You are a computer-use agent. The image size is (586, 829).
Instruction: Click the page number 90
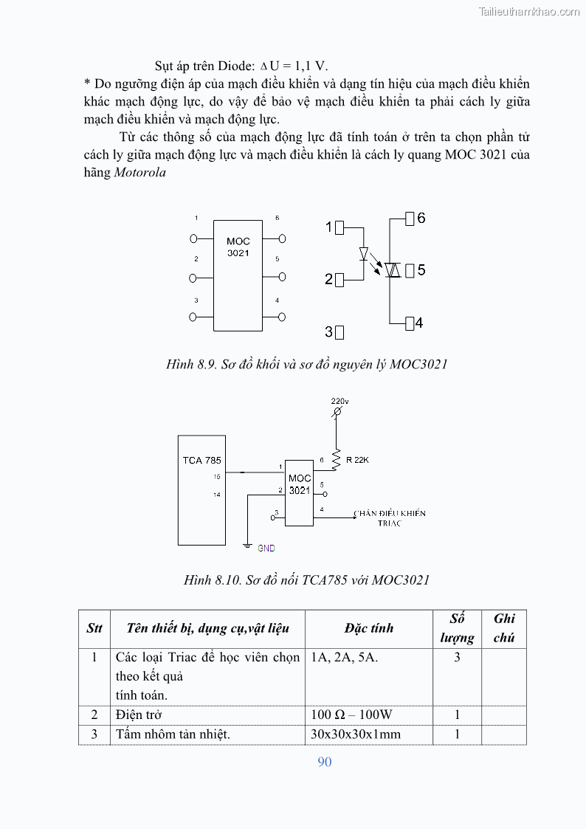pyautogui.click(x=325, y=762)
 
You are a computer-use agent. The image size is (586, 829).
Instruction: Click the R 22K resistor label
pyautogui.click(x=357, y=460)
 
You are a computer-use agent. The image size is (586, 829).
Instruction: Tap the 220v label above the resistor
pyautogui.click(x=339, y=401)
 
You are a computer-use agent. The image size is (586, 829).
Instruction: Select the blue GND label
pyautogui.click(x=266, y=548)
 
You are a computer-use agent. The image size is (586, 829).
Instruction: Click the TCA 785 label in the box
pyautogui.click(x=201, y=461)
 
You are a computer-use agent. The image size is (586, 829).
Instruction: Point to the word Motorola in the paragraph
pyautogui.click(x=140, y=173)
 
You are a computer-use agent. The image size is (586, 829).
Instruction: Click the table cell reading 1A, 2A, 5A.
pyautogui.click(x=345, y=657)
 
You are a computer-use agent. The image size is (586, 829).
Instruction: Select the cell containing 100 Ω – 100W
pyautogui.click(x=351, y=715)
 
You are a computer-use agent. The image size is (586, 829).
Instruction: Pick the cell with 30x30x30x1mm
pyautogui.click(x=356, y=734)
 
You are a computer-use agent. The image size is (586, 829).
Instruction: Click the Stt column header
pyautogui.click(x=94, y=628)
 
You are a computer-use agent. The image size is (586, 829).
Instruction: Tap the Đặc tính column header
pyautogui.click(x=368, y=628)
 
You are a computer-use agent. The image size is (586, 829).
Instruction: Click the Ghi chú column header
pyautogui.click(x=504, y=627)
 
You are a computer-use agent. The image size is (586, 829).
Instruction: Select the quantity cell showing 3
pyautogui.click(x=457, y=657)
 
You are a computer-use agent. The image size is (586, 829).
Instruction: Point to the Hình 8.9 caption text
pyautogui.click(x=306, y=364)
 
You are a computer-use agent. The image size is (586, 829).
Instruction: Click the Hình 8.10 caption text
pyautogui.click(x=306, y=579)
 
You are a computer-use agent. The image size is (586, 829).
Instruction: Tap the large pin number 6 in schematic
pyautogui.click(x=421, y=219)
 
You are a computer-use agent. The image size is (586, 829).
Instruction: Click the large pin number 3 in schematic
pyautogui.click(x=328, y=332)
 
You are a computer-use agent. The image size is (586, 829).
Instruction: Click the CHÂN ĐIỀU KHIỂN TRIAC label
pyautogui.click(x=389, y=518)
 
